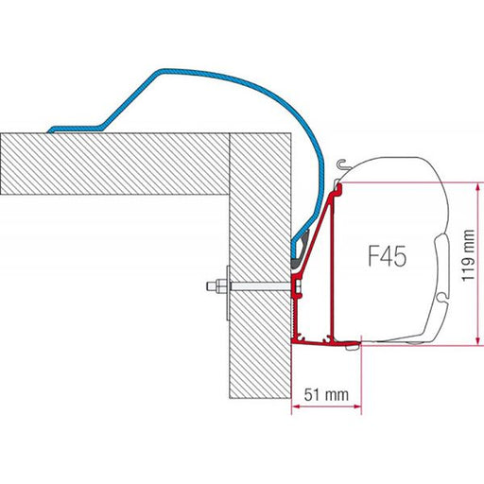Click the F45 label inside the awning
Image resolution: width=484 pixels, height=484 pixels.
tap(387, 256)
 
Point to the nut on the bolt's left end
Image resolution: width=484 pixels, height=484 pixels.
tap(215, 285)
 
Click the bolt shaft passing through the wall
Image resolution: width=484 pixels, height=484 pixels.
tap(260, 285)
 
